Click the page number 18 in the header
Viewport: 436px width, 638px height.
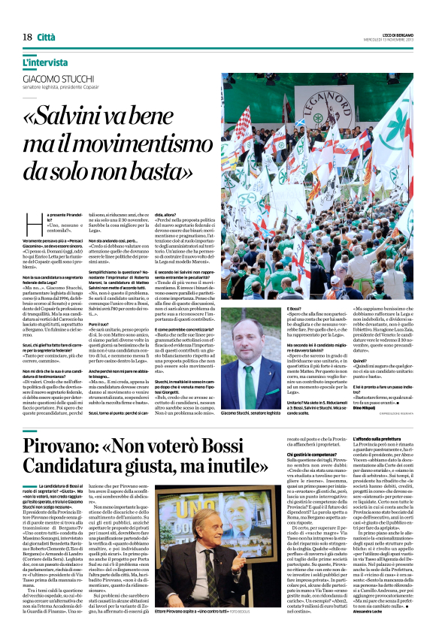click(26, 37)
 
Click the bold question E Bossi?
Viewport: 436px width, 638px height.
click(295, 310)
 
